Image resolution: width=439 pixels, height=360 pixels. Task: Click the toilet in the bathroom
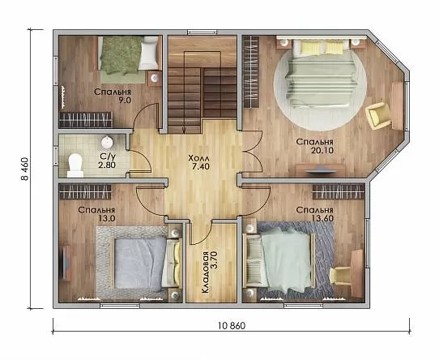pos(75,165)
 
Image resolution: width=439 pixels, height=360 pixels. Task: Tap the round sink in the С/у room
pos(107,143)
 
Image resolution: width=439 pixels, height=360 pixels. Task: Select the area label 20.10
pos(322,151)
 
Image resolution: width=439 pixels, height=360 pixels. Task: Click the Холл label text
pos(199,157)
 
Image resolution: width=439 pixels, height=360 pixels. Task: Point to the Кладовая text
pos(205,272)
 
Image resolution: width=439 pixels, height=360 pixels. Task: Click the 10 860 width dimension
pos(232,325)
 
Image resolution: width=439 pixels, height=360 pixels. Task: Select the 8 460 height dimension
pos(24,169)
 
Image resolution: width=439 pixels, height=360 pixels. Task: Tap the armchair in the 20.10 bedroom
pos(378,115)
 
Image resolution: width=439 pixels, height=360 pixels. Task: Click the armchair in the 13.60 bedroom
pos(341,276)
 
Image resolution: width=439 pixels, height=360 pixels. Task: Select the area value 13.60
pos(322,218)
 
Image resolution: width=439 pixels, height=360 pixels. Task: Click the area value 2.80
pos(107,165)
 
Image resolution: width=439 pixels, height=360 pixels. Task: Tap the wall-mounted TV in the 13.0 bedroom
pos(66,263)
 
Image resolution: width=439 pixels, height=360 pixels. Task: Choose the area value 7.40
pos(201,166)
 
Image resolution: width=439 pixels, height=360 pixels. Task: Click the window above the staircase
pos(202,32)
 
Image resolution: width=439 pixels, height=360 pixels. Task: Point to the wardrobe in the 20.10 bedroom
pos(250,72)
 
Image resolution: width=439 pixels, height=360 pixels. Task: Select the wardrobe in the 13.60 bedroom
pos(339,192)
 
